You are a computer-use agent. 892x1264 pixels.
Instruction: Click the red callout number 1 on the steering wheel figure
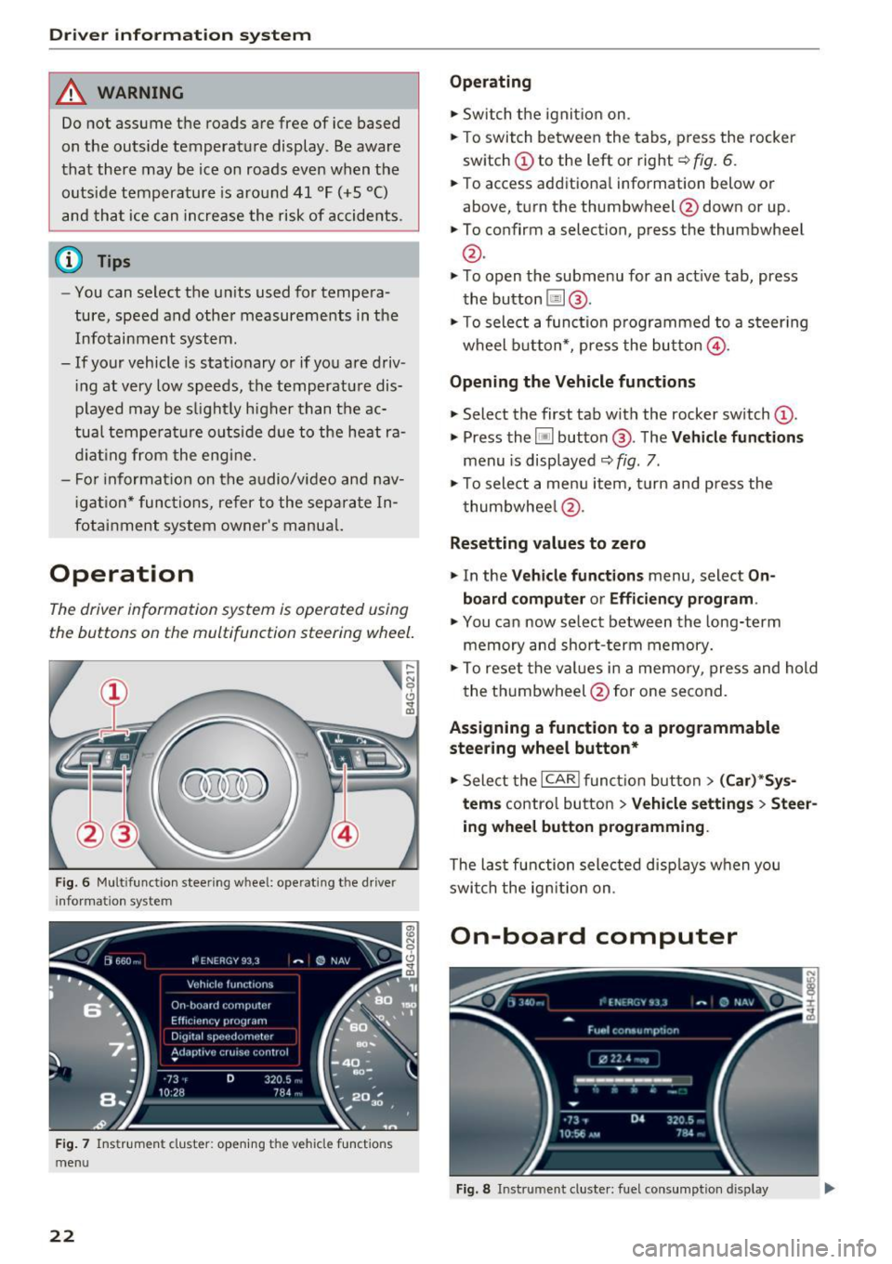(x=113, y=692)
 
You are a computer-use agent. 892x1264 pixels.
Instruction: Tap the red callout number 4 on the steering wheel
(x=345, y=833)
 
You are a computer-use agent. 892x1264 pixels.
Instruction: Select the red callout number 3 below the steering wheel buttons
(x=124, y=833)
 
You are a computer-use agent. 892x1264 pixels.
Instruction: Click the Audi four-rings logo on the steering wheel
(x=224, y=786)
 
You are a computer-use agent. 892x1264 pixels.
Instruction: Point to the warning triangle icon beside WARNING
(x=72, y=92)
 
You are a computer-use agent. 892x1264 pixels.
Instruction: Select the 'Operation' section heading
(x=122, y=574)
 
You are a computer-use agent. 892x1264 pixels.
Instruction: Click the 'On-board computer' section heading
(x=593, y=936)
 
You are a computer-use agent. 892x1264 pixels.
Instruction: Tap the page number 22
(x=62, y=1235)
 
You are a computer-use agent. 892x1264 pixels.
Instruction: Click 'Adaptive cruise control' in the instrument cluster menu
(x=230, y=1052)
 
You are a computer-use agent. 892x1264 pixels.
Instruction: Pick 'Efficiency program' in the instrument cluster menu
(x=218, y=1021)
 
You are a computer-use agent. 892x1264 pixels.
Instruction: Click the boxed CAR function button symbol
(x=560, y=779)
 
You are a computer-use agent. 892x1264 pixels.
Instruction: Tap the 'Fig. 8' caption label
(x=473, y=1189)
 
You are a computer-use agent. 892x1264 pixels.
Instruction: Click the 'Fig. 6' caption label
(x=72, y=882)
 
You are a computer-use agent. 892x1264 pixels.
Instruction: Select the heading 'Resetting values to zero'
(x=547, y=543)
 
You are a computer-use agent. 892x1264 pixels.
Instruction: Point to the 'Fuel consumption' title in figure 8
(x=633, y=1030)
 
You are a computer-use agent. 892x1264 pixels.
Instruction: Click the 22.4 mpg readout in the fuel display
(x=624, y=1059)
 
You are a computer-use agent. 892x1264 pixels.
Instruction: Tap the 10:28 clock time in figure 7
(x=171, y=1093)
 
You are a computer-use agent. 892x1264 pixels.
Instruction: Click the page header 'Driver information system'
(x=180, y=35)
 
